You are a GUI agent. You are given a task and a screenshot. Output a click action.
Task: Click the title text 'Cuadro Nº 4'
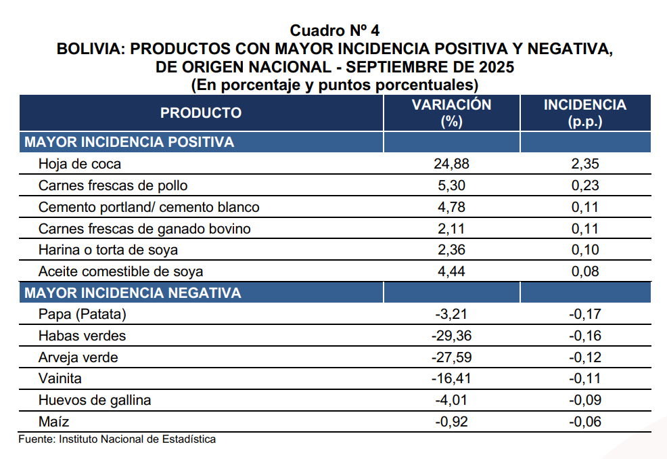point(335,30)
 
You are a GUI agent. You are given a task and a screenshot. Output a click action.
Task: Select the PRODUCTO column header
point(201,113)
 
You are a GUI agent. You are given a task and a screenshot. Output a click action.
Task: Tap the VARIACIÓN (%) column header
point(451,113)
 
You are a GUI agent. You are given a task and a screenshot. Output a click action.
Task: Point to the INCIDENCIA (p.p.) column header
point(585,113)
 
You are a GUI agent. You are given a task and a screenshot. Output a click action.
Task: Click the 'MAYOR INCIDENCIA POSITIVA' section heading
point(129,142)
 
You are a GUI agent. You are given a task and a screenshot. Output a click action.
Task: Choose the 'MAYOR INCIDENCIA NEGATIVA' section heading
point(133,293)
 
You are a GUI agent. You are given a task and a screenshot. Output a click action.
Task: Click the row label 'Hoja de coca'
point(80,164)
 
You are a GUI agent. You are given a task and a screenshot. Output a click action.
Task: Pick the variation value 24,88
point(451,164)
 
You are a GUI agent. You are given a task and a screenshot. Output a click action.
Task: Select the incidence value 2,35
point(585,164)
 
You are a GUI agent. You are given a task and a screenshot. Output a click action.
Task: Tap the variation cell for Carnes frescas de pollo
point(451,185)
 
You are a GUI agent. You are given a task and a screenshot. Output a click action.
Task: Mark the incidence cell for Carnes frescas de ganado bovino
point(585,229)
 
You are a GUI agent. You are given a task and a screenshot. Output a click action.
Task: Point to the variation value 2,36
point(451,250)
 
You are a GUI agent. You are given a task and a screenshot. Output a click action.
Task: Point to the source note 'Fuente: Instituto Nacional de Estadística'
point(117,439)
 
